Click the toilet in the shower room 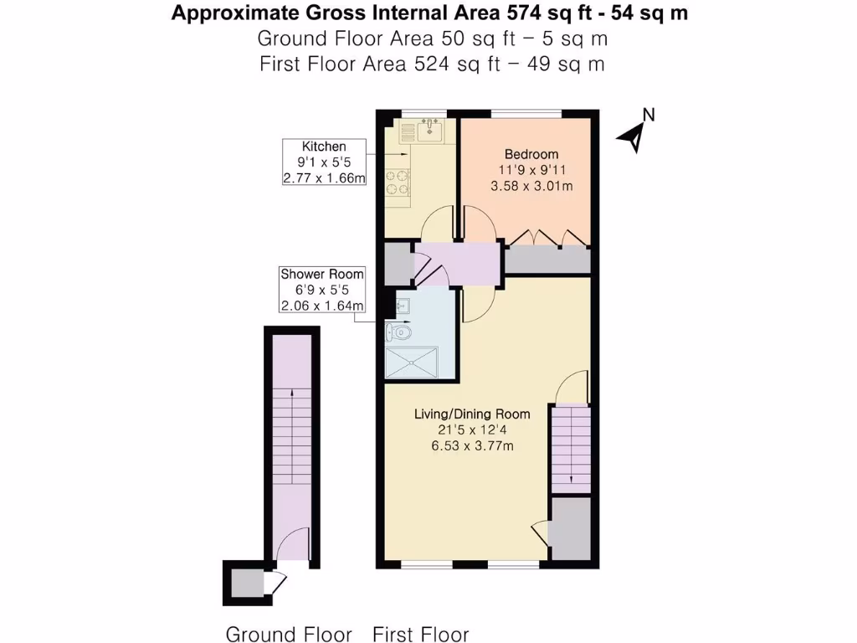point(399,332)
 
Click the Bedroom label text point(531,154)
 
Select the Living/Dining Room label point(473,414)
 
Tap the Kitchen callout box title point(324,147)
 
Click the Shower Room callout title point(322,275)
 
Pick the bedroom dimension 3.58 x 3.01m point(531,186)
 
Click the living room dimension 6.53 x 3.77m point(473,445)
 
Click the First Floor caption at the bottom point(421,634)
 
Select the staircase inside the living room point(571,448)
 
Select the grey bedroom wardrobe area point(547,260)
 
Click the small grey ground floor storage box point(243,579)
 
